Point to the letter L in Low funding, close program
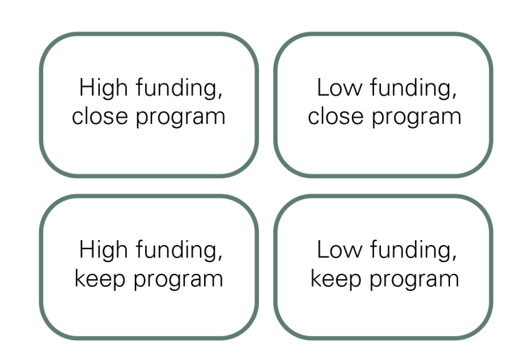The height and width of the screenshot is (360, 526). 321,89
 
